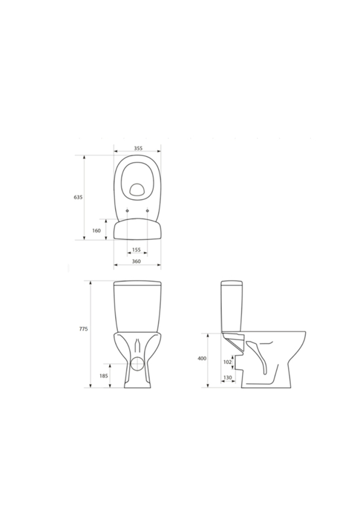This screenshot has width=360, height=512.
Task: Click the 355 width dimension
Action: click(x=138, y=148)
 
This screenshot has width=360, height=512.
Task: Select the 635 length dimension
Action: click(x=78, y=197)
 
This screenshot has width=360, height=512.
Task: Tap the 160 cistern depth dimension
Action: click(x=97, y=230)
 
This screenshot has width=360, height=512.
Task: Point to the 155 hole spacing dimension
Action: click(x=136, y=250)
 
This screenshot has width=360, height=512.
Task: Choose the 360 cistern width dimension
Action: click(x=136, y=261)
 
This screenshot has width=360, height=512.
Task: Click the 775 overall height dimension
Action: click(x=83, y=329)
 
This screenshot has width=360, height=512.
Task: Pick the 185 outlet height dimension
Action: click(x=103, y=376)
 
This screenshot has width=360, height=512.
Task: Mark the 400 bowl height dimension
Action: click(x=202, y=358)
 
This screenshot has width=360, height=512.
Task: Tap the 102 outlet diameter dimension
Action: click(x=228, y=362)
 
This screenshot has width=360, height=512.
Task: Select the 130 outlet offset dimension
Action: click(x=228, y=378)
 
